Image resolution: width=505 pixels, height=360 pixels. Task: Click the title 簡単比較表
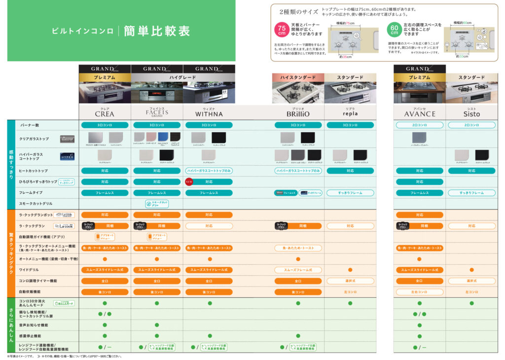(x=157, y=31)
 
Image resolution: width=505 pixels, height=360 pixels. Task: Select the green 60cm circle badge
(x=394, y=30)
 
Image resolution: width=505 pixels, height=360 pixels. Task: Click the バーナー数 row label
(x=29, y=125)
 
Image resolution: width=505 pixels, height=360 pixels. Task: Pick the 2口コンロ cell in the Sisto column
(x=471, y=125)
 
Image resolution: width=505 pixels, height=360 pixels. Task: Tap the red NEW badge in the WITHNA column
(x=188, y=181)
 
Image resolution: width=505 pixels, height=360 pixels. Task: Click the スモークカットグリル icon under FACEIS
(x=157, y=203)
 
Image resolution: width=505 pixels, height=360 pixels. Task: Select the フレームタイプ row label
(x=31, y=193)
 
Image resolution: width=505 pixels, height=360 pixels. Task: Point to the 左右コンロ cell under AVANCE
(x=420, y=292)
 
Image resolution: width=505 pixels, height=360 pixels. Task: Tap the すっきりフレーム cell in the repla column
(x=350, y=193)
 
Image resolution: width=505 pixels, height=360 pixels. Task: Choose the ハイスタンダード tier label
(x=298, y=77)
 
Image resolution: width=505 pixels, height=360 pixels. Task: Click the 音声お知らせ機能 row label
(x=34, y=325)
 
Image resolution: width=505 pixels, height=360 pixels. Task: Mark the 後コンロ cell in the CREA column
(x=105, y=292)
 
